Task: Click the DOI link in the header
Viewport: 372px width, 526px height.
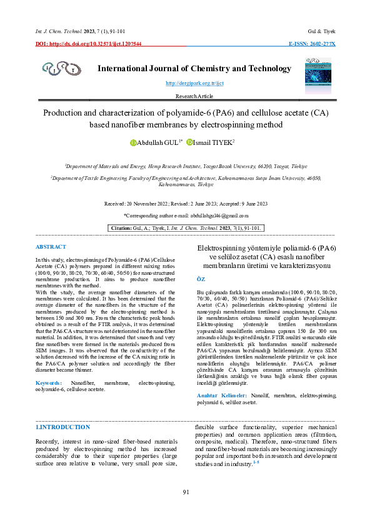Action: tap(88, 44)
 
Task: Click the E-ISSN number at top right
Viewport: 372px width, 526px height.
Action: tap(311, 44)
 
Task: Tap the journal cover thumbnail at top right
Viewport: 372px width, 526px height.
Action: tap(316, 71)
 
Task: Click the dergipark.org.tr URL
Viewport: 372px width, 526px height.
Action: tap(186, 83)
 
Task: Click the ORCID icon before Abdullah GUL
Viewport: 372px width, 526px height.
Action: tap(133, 143)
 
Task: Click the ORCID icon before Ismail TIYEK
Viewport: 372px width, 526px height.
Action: tap(190, 143)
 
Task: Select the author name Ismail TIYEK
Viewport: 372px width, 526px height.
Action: tap(214, 143)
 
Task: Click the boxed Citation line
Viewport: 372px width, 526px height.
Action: tap(186, 228)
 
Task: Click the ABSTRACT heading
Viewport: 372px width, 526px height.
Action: tap(51, 247)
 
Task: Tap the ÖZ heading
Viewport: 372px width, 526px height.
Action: tap(201, 280)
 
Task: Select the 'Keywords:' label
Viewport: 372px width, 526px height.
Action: tap(49, 382)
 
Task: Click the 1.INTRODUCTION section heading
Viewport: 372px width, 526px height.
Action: tap(63, 427)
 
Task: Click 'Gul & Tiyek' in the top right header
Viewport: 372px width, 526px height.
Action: tap(322, 30)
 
